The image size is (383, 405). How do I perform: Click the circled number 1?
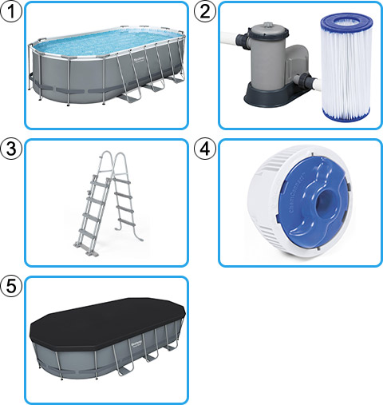[x=11, y=11]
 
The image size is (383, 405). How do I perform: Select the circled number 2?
[x=206, y=11]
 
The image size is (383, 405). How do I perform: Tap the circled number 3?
[x=11, y=149]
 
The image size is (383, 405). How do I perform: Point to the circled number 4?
[x=206, y=149]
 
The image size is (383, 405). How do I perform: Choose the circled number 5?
[x=11, y=286]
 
